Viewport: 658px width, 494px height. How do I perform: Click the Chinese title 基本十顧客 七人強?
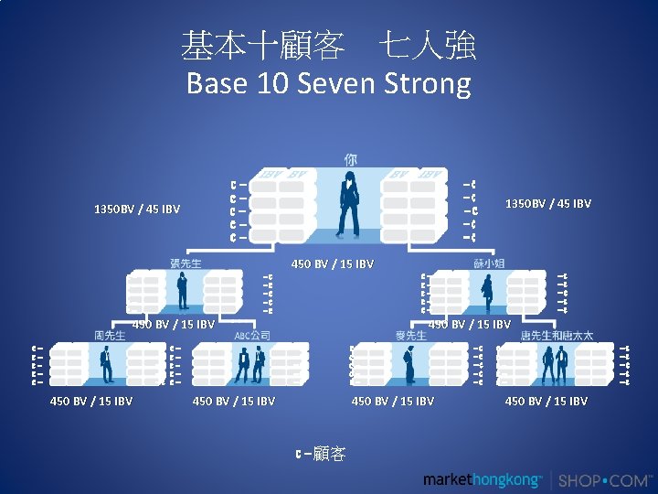[x=328, y=44]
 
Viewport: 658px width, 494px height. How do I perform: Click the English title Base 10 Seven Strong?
[x=328, y=84]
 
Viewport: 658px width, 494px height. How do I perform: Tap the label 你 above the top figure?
[x=351, y=159]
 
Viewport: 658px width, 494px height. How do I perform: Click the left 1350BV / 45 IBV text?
[x=137, y=209]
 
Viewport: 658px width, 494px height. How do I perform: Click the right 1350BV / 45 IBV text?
[x=548, y=203]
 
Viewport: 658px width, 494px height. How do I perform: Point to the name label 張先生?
[x=186, y=263]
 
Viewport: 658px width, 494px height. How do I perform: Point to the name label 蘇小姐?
[x=489, y=263]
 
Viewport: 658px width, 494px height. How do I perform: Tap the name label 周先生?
[x=110, y=336]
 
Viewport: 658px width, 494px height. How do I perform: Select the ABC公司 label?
[x=252, y=336]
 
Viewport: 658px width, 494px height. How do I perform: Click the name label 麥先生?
[x=410, y=336]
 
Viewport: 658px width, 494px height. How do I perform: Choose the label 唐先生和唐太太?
[x=557, y=336]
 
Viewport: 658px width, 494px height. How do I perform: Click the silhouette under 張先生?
[x=183, y=291]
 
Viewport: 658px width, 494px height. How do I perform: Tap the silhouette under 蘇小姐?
[x=488, y=293]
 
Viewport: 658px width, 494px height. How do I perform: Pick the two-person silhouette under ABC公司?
[x=243, y=364]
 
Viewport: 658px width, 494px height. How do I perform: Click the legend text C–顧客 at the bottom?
[x=320, y=454]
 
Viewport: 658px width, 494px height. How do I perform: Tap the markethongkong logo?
[x=483, y=480]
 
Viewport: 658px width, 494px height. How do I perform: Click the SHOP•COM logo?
[x=605, y=480]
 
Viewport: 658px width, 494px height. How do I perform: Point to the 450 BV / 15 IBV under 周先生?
[x=91, y=401]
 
